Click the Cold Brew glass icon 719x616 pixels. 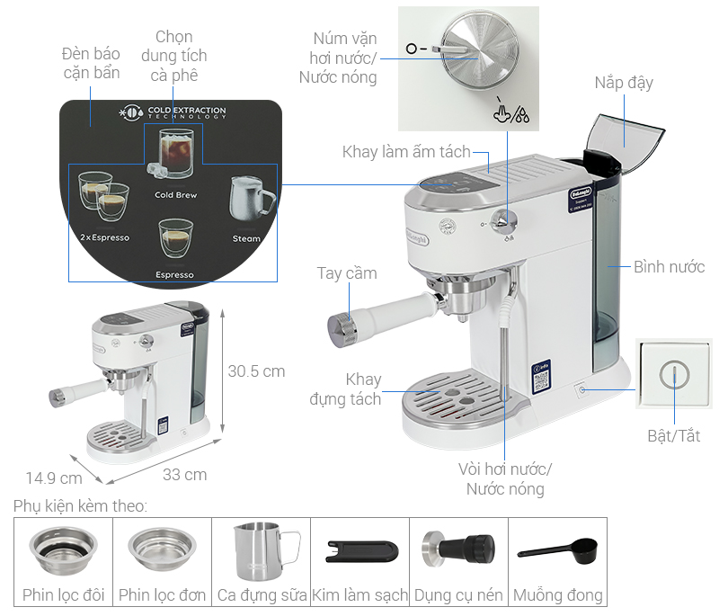[174, 153]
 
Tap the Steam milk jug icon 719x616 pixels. [247, 199]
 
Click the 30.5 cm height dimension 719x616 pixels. [256, 370]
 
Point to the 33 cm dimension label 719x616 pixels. [185, 474]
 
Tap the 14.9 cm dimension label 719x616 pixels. [53, 478]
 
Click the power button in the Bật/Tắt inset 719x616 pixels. [672, 376]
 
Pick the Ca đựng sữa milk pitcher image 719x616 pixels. [262, 551]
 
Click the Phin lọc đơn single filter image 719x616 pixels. [162, 549]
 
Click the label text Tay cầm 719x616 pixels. [347, 273]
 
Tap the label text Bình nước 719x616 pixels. [670, 267]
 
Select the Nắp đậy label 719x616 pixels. [624, 83]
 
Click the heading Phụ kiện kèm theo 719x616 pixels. [80, 506]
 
